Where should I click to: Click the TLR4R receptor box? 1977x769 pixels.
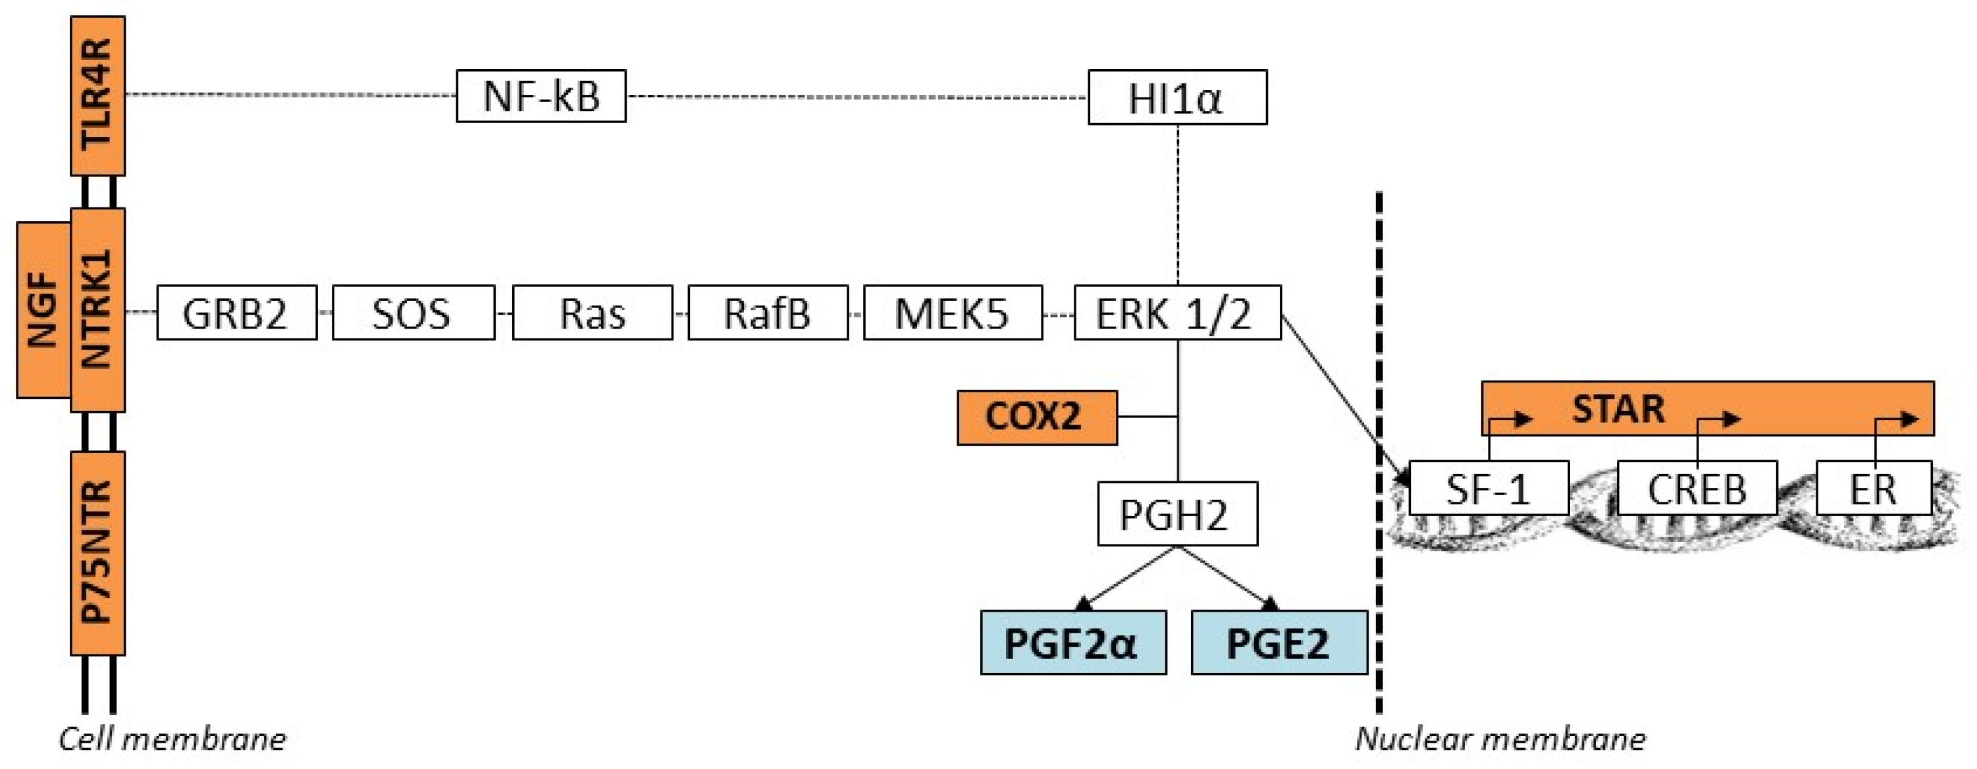97,96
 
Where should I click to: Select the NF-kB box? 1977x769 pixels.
541,96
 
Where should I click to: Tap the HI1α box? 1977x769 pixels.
1177,97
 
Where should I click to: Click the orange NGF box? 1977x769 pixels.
43,310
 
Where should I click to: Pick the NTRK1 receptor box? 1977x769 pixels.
97,310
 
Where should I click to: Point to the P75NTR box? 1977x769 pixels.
97,552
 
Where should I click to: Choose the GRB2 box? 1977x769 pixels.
236,312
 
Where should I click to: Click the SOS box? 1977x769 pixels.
413,312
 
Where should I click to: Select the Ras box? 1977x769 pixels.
593,312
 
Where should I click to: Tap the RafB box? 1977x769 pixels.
768,312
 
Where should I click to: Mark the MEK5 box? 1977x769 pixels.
953,312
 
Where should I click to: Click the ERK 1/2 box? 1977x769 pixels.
1177,312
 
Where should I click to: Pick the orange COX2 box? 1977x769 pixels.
1037,417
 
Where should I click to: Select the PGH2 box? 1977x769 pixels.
1177,514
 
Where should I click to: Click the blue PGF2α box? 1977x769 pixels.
1073,643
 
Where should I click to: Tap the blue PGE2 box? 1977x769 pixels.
1278,643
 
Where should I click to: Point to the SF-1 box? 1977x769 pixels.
1489,488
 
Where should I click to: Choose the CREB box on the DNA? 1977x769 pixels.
1697,488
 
